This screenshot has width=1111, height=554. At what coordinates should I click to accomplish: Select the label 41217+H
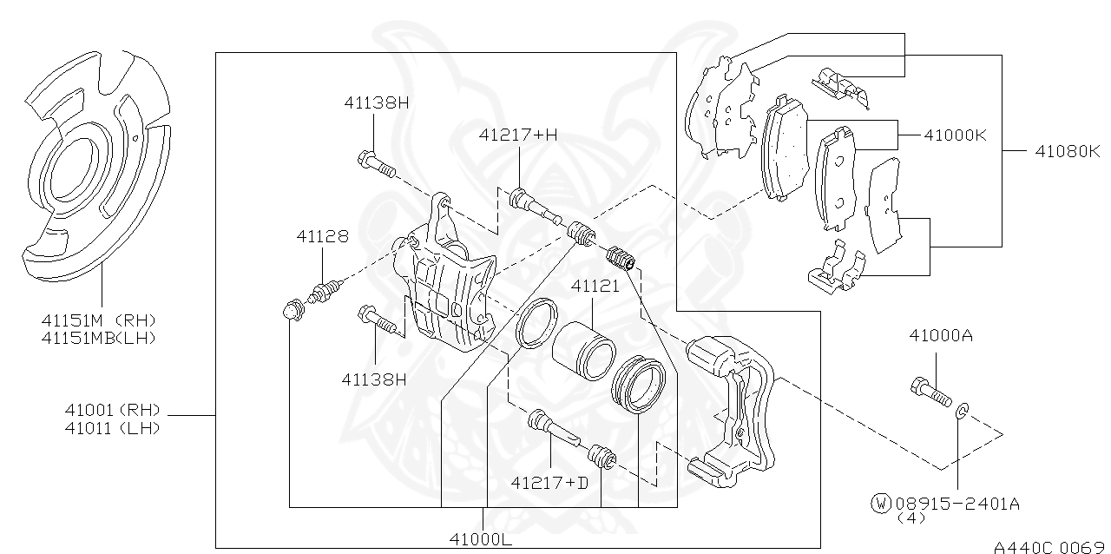click(x=518, y=135)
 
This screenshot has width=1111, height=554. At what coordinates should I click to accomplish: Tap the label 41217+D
click(x=549, y=482)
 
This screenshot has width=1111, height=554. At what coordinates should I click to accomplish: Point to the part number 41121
click(x=595, y=286)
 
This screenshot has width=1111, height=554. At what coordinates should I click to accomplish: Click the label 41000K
click(x=955, y=135)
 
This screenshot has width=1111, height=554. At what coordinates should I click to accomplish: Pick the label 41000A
click(x=941, y=335)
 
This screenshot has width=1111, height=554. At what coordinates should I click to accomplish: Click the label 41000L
click(x=481, y=539)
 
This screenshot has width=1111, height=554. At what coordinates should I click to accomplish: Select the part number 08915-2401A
click(x=957, y=502)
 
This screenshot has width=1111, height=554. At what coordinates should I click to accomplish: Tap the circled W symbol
click(x=881, y=502)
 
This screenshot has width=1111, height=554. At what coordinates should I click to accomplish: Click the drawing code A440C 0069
click(x=1049, y=547)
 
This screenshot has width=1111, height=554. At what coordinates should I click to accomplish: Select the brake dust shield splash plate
click(x=87, y=165)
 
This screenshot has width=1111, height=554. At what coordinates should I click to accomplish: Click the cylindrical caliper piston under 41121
click(x=584, y=349)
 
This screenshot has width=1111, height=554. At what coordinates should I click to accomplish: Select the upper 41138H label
click(x=375, y=102)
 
